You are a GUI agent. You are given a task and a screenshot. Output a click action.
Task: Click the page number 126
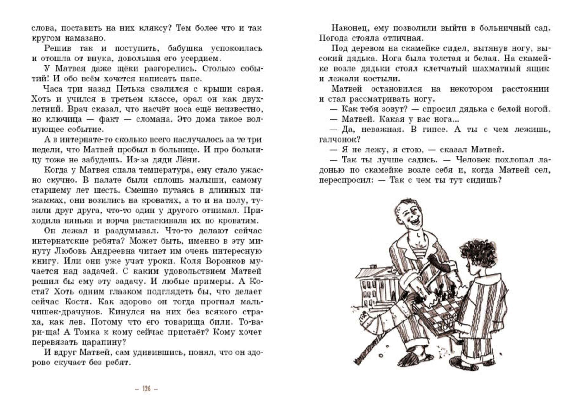[x=146, y=389]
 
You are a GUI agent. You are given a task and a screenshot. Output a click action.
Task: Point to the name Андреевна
[x=115, y=251]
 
